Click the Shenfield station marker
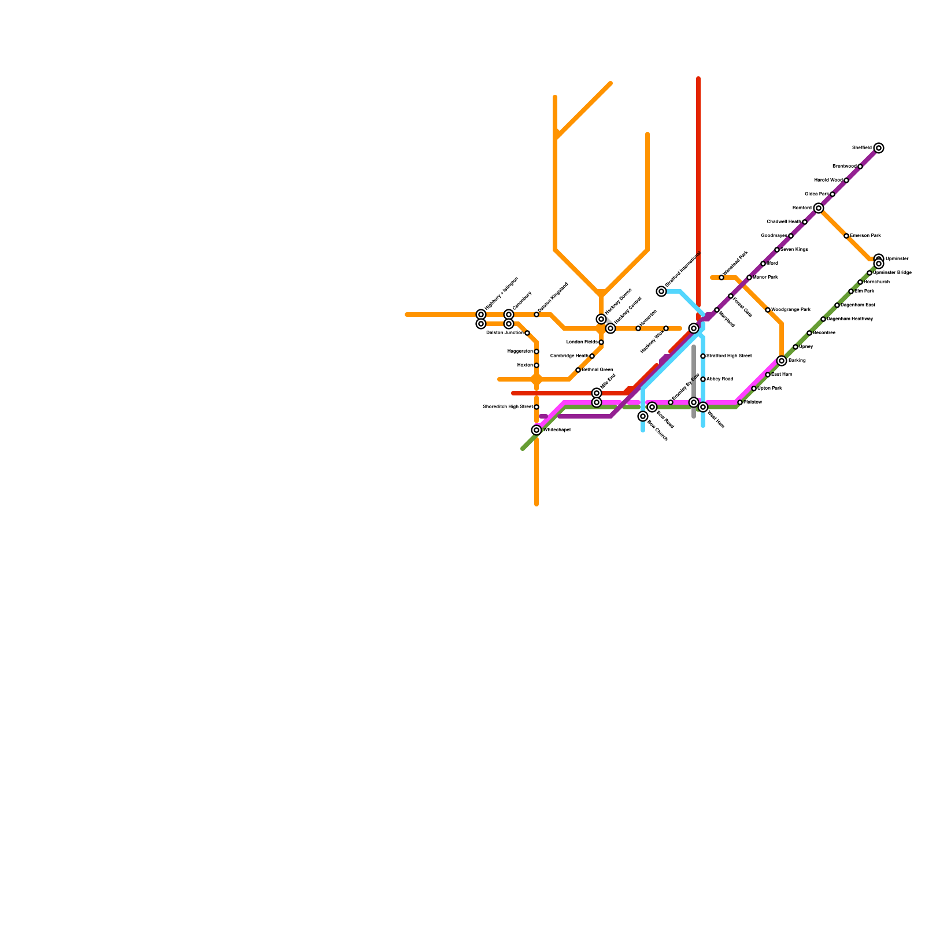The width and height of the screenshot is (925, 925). (879, 148)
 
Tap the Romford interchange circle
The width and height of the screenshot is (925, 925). (819, 208)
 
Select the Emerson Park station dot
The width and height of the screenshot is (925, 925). (846, 236)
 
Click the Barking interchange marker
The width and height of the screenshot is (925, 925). (782, 361)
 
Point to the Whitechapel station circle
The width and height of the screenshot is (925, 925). (536, 430)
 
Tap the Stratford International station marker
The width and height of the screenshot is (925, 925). (661, 291)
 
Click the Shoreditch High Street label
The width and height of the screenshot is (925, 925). (508, 407)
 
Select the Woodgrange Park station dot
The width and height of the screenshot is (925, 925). (768, 310)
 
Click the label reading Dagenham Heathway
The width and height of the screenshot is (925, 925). (850, 319)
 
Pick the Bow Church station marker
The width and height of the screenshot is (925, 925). (643, 416)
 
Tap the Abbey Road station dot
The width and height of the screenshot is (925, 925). (703, 379)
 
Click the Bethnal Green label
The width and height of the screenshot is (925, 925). (597, 370)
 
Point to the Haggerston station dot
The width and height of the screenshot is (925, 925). (536, 351)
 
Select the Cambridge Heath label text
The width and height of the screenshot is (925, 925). (569, 356)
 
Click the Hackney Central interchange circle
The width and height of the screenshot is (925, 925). (610, 328)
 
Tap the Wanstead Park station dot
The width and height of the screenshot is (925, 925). (721, 277)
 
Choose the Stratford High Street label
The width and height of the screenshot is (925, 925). (729, 356)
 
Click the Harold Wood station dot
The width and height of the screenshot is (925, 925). (846, 180)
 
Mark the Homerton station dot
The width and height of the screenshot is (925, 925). (638, 328)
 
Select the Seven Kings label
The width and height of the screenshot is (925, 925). (794, 250)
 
